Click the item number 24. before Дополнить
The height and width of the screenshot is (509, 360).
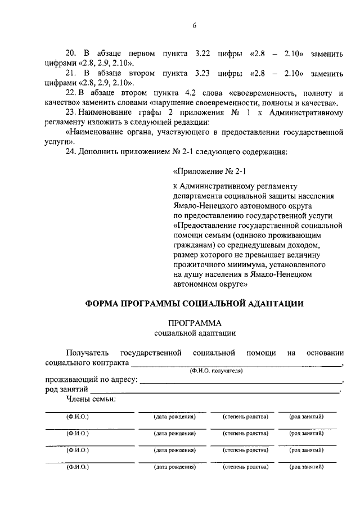point(72,152)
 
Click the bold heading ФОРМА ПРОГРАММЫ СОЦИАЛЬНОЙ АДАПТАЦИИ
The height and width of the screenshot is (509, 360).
point(194,303)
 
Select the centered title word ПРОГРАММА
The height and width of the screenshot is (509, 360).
point(194,323)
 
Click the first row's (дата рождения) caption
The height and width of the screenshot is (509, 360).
point(174,417)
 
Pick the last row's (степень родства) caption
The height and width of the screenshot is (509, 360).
point(245,467)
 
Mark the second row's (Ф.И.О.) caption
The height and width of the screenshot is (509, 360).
point(78,434)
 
